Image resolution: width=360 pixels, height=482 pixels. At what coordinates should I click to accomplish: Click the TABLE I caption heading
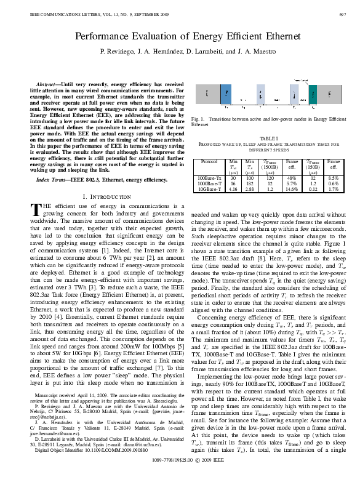[x=268, y=139]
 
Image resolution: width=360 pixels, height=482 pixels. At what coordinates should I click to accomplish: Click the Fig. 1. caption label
[x=199, y=118]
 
